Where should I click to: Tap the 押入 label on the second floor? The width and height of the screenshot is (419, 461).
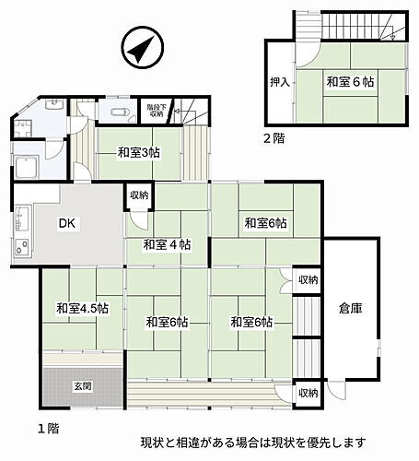[281, 82]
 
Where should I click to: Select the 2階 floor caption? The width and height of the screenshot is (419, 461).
[273, 138]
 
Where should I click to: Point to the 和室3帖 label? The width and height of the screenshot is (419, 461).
[138, 153]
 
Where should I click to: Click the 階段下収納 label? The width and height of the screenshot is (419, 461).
[155, 112]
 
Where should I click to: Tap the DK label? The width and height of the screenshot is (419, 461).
[67, 223]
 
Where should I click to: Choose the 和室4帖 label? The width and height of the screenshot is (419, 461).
[167, 245]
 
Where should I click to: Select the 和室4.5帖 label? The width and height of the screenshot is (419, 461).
[81, 308]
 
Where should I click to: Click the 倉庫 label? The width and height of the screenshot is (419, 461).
[350, 309]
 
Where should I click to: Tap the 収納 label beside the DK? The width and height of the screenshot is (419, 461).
[138, 195]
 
